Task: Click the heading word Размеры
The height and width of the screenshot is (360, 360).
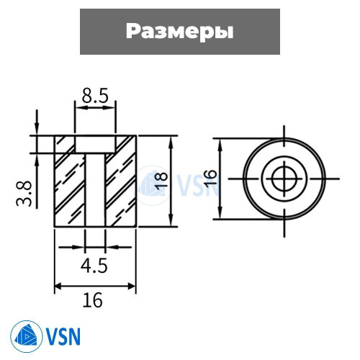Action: pyautogui.click(x=180, y=32)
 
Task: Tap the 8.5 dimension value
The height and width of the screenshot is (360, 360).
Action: pyautogui.click(x=95, y=96)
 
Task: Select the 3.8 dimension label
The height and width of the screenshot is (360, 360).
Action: pyautogui.click(x=24, y=194)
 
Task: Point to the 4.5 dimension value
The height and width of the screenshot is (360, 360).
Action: pyautogui.click(x=94, y=266)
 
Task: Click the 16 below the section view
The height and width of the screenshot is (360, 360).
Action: pyautogui.click(x=93, y=300)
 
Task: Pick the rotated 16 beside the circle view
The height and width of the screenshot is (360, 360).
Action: pyautogui.click(x=210, y=179)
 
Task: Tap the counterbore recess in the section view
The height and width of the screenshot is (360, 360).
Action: pyautogui.click(x=95, y=144)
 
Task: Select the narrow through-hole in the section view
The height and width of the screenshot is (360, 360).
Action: pyautogui.click(x=95, y=189)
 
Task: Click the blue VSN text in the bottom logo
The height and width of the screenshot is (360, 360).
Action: pyautogui.click(x=63, y=336)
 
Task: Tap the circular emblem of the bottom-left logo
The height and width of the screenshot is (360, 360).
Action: pyautogui.click(x=27, y=336)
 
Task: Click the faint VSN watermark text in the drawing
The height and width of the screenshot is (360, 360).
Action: pyautogui.click(x=197, y=185)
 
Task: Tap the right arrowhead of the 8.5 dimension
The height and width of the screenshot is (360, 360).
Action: pyautogui.click(x=109, y=108)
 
